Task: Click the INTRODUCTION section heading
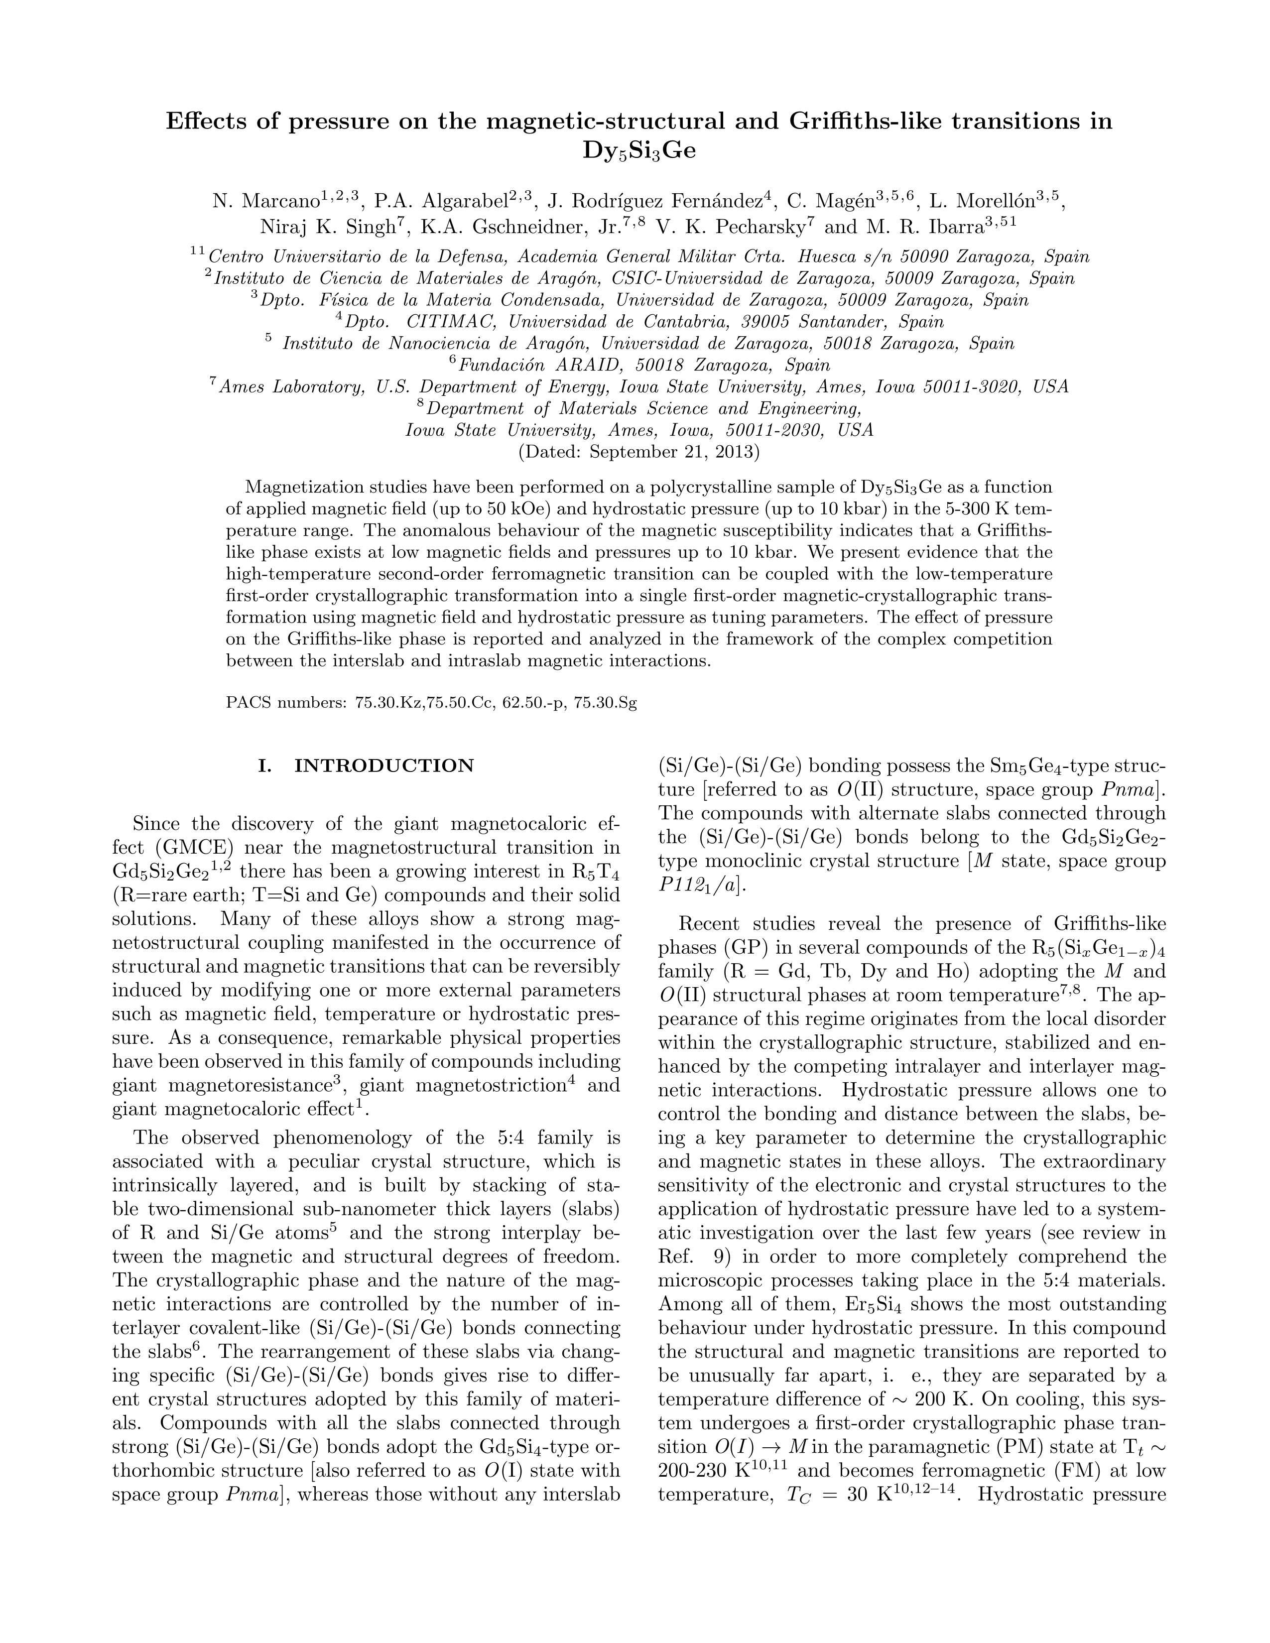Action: (384, 766)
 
